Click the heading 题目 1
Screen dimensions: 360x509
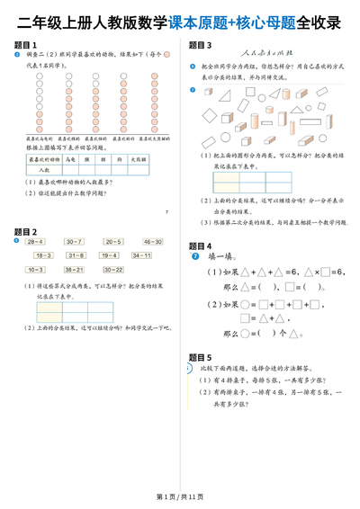pyautogui.click(x=27, y=44)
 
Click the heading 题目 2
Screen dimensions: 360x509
pyautogui.click(x=27, y=232)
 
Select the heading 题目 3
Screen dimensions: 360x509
pyautogui.click(x=200, y=44)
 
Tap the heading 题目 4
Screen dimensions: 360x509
pyautogui.click(x=200, y=246)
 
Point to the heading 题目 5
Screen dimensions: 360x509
pyautogui.click(x=200, y=357)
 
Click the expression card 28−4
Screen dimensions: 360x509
pyautogui.click(x=35, y=242)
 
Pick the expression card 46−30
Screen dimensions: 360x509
pyautogui.click(x=151, y=242)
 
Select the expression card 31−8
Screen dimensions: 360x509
pyautogui.click(x=75, y=255)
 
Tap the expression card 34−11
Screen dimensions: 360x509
pyautogui.click(x=141, y=255)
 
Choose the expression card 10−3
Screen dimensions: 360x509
pyautogui.click(x=35, y=269)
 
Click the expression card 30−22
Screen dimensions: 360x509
pyautogui.click(x=112, y=269)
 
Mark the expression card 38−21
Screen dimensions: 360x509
pyautogui.click(x=74, y=269)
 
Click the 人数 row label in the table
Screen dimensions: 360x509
pyautogui.click(x=44, y=168)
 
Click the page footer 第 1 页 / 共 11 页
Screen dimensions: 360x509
pyautogui.click(x=179, y=496)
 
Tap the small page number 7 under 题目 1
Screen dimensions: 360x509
pyautogui.click(x=167, y=212)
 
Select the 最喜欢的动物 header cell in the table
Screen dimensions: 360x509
pyautogui.click(x=44, y=158)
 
